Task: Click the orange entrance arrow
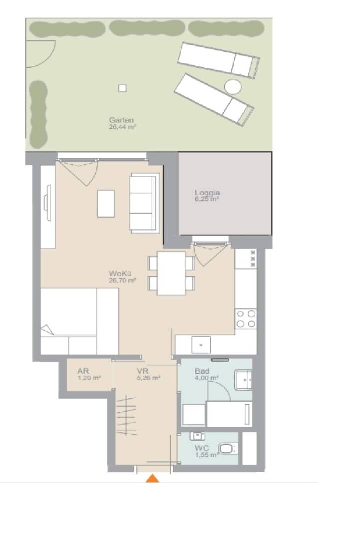click(x=152, y=478)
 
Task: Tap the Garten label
click(x=121, y=120)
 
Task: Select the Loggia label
click(x=207, y=193)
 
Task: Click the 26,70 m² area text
click(x=122, y=280)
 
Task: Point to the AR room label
click(x=83, y=371)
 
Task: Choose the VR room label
click(x=142, y=371)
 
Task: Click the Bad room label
click(x=202, y=371)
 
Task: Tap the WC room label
click(x=202, y=448)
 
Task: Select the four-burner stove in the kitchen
click(x=246, y=318)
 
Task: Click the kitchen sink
click(x=201, y=345)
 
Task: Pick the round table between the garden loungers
click(x=233, y=87)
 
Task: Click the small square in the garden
click(x=122, y=88)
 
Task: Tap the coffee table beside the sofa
click(x=106, y=204)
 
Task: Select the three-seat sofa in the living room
click(x=144, y=204)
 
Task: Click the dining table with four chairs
click(x=171, y=273)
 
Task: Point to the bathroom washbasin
click(x=244, y=380)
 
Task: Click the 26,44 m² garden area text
click(x=122, y=127)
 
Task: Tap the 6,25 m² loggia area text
click(x=207, y=199)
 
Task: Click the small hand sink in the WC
click(x=197, y=436)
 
